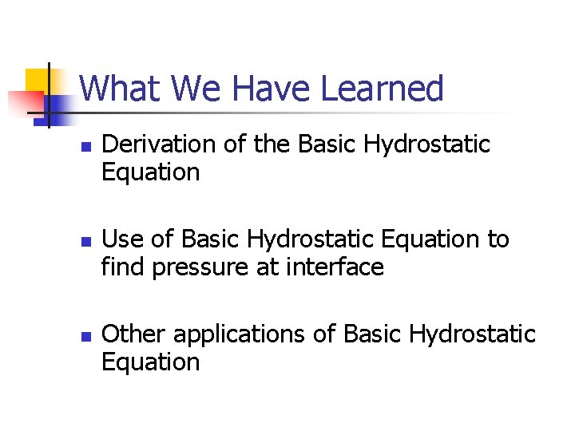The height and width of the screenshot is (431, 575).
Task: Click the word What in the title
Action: coord(120,89)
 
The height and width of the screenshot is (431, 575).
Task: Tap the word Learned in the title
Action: coord(382,89)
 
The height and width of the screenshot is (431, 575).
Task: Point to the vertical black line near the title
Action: coord(48,96)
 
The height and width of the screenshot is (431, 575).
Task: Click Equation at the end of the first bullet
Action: coord(150,172)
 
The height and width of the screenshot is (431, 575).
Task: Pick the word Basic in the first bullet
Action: coord(328,144)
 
